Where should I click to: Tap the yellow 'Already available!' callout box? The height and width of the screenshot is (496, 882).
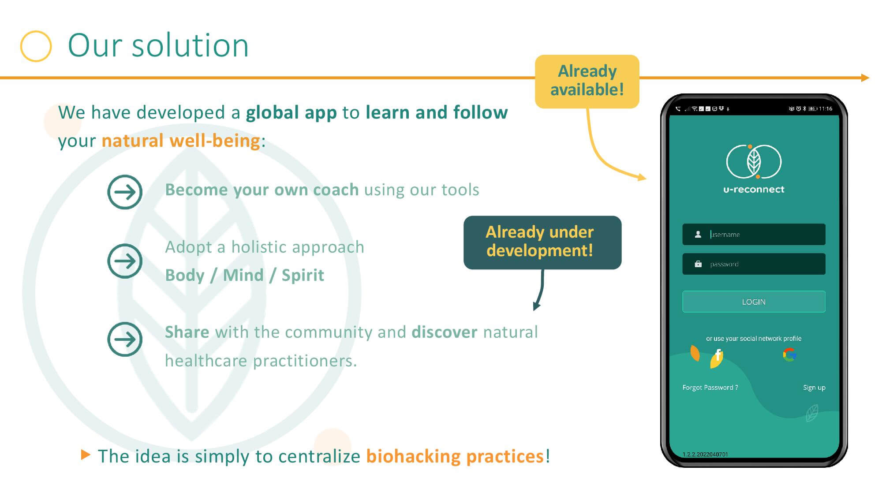587,81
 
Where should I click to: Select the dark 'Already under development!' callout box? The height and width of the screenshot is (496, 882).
542,242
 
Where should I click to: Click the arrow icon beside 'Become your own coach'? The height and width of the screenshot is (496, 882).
125,192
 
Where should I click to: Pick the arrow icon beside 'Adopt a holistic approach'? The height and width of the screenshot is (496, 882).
125,261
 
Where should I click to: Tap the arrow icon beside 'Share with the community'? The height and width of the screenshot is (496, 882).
125,339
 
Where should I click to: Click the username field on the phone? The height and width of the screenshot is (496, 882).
754,234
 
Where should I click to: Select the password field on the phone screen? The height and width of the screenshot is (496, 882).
754,264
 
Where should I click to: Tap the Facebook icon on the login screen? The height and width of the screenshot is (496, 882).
718,355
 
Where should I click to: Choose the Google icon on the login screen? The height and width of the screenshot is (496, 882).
789,355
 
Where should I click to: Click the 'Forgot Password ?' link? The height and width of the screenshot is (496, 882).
710,388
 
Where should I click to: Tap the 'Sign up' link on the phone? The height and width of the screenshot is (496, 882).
814,388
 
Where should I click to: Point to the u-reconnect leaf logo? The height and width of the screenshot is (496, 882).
754,162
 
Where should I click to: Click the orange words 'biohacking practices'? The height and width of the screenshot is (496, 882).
455,456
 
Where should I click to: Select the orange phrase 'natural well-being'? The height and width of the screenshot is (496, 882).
181,141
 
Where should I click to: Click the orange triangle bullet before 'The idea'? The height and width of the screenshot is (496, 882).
86,455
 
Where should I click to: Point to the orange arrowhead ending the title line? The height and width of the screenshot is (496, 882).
865,78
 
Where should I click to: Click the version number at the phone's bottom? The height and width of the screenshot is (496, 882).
705,454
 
